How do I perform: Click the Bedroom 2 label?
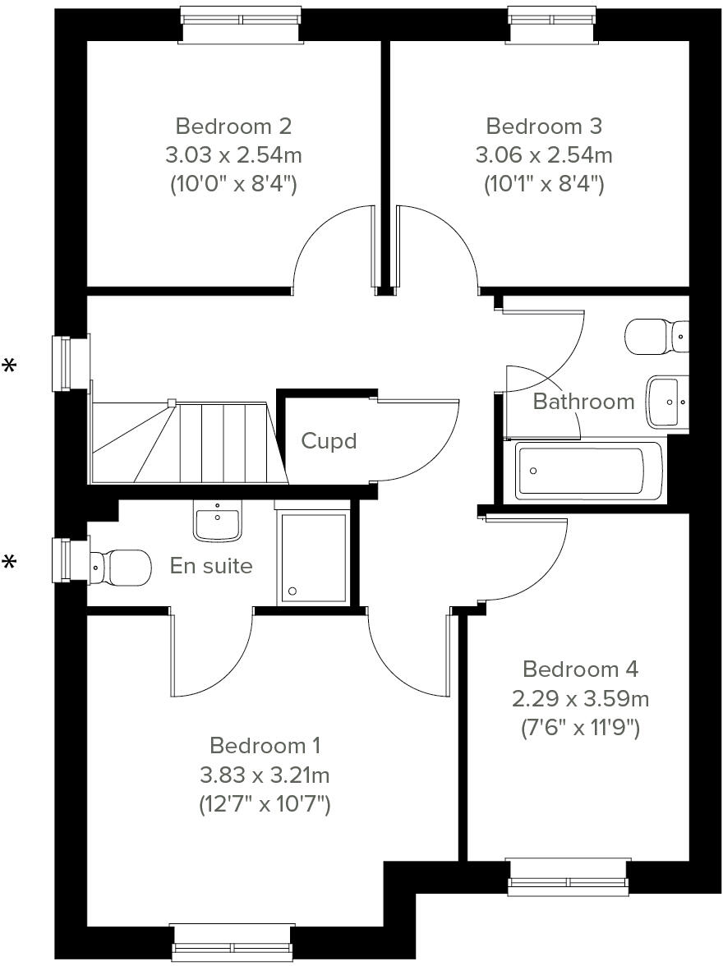tap(233, 126)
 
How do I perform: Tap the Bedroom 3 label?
tap(544, 126)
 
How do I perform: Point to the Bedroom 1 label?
tap(265, 745)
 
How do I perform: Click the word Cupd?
tap(329, 441)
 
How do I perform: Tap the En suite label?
tap(211, 565)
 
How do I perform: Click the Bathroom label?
tap(583, 402)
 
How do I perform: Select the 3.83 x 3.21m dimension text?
tap(265, 775)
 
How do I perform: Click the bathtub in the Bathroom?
tap(588, 471)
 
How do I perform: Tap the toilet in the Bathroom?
tap(655, 336)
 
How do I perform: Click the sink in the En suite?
tap(218, 522)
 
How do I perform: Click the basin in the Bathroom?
tap(666, 402)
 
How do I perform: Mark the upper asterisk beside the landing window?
tap(10, 366)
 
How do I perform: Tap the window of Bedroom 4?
tap(569, 876)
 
